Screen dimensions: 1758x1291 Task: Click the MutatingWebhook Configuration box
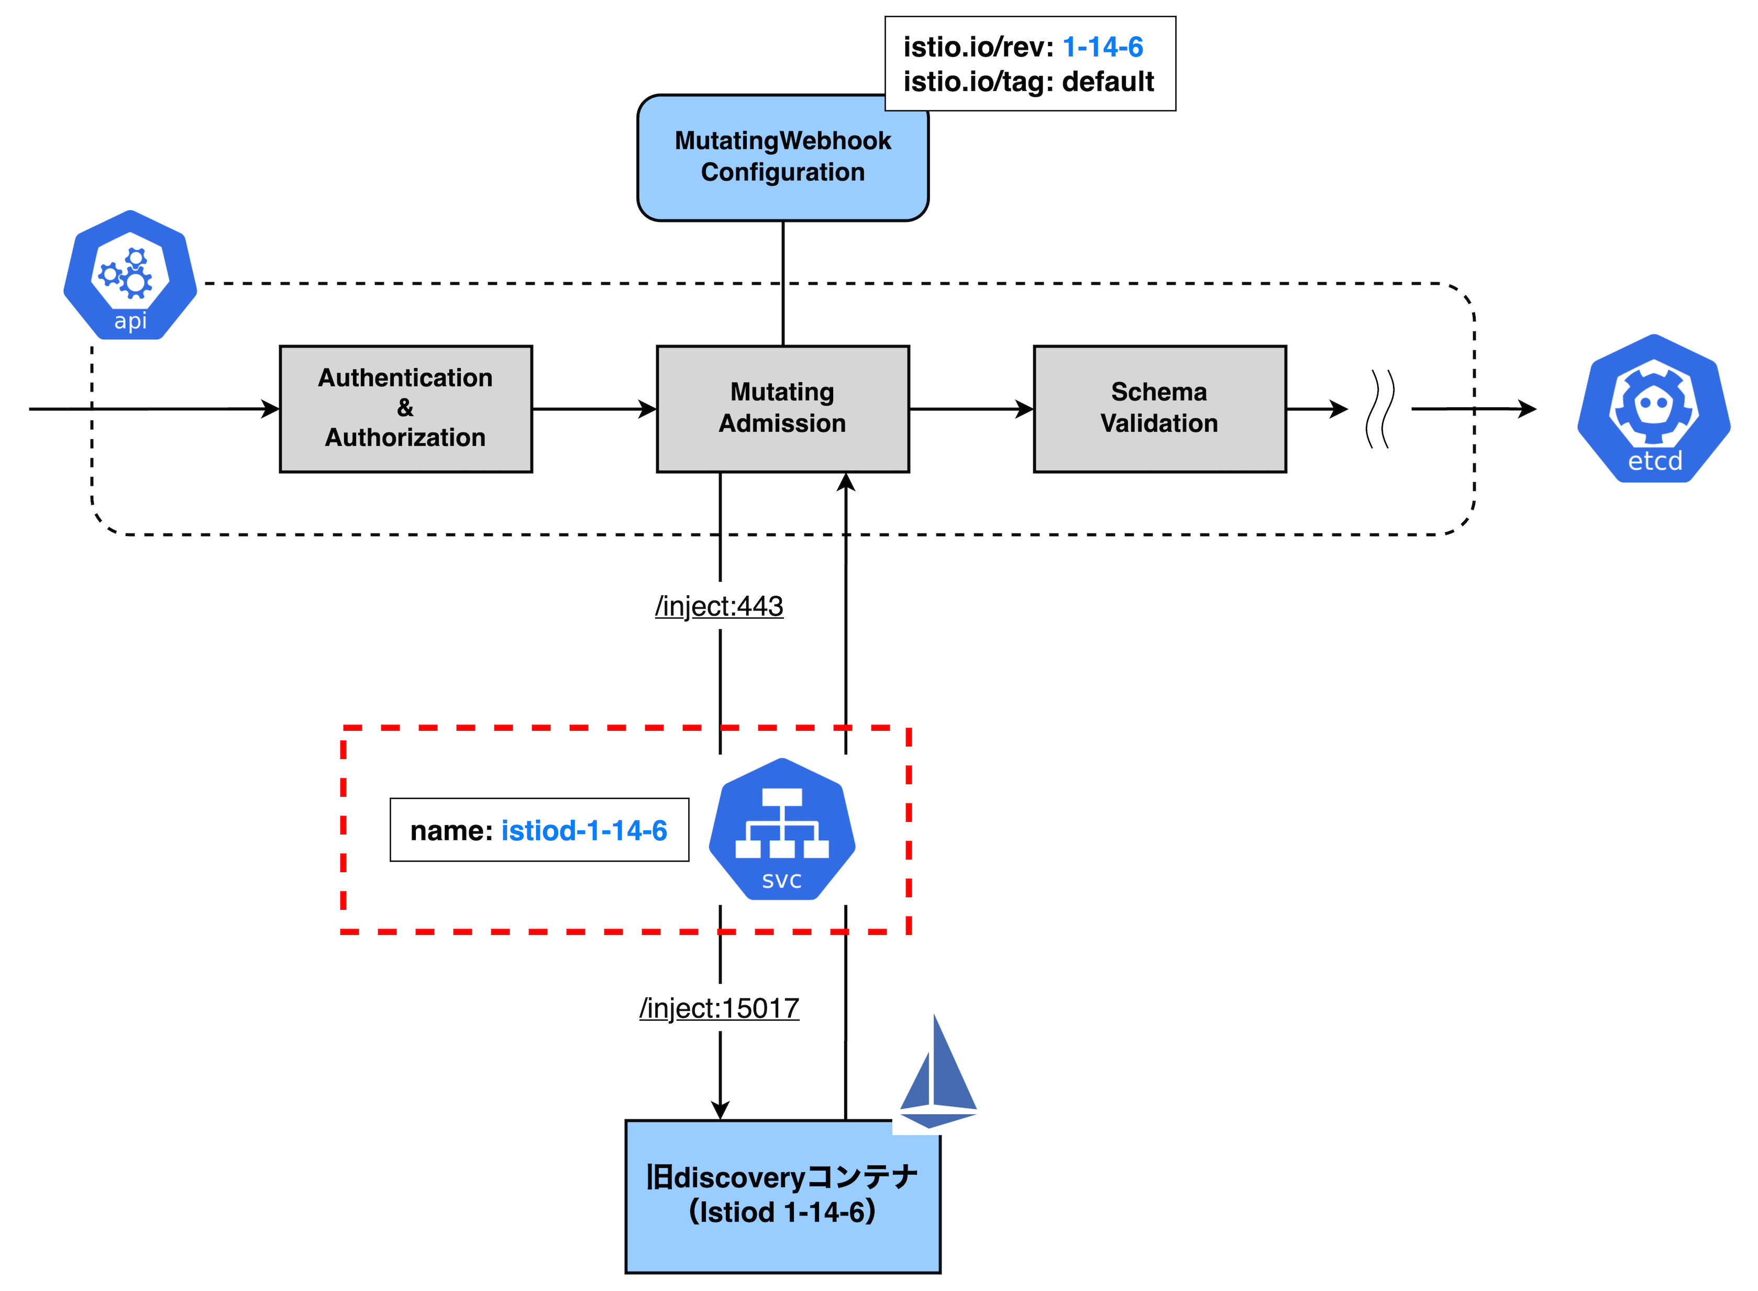pyautogui.click(x=782, y=158)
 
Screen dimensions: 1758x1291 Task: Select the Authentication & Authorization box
pyautogui.click(x=406, y=409)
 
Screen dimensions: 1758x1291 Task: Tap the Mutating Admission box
pyautogui.click(x=782, y=409)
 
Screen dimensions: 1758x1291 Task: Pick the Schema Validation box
pyautogui.click(x=1159, y=409)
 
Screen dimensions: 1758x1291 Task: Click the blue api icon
pyautogui.click(x=130, y=275)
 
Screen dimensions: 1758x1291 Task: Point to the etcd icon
pyautogui.click(x=1653, y=409)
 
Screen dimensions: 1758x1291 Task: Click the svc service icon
pyautogui.click(x=782, y=829)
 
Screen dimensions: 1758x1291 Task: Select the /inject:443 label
pyautogui.click(x=719, y=606)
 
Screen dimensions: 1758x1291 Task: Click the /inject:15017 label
pyautogui.click(x=719, y=1008)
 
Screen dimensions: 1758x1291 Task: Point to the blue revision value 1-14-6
pyautogui.click(x=1103, y=47)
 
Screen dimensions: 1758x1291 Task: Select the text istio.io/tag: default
pyautogui.click(x=1029, y=81)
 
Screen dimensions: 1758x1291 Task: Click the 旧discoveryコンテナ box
pyautogui.click(x=782, y=1196)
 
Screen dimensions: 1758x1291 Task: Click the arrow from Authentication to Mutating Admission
pyautogui.click(x=594, y=409)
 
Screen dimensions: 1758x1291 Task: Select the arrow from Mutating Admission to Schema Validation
pyautogui.click(x=971, y=409)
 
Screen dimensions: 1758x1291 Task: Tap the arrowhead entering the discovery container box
pyautogui.click(x=720, y=1110)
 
